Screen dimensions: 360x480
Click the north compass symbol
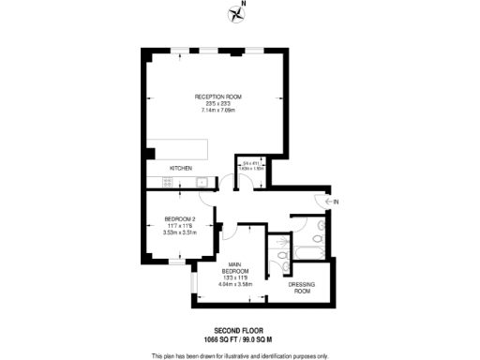click(233, 12)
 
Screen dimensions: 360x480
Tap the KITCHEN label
click(181, 168)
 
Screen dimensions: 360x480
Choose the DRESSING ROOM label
click(300, 288)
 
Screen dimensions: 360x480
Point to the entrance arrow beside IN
click(327, 202)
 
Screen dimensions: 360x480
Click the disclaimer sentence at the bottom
click(240, 355)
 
